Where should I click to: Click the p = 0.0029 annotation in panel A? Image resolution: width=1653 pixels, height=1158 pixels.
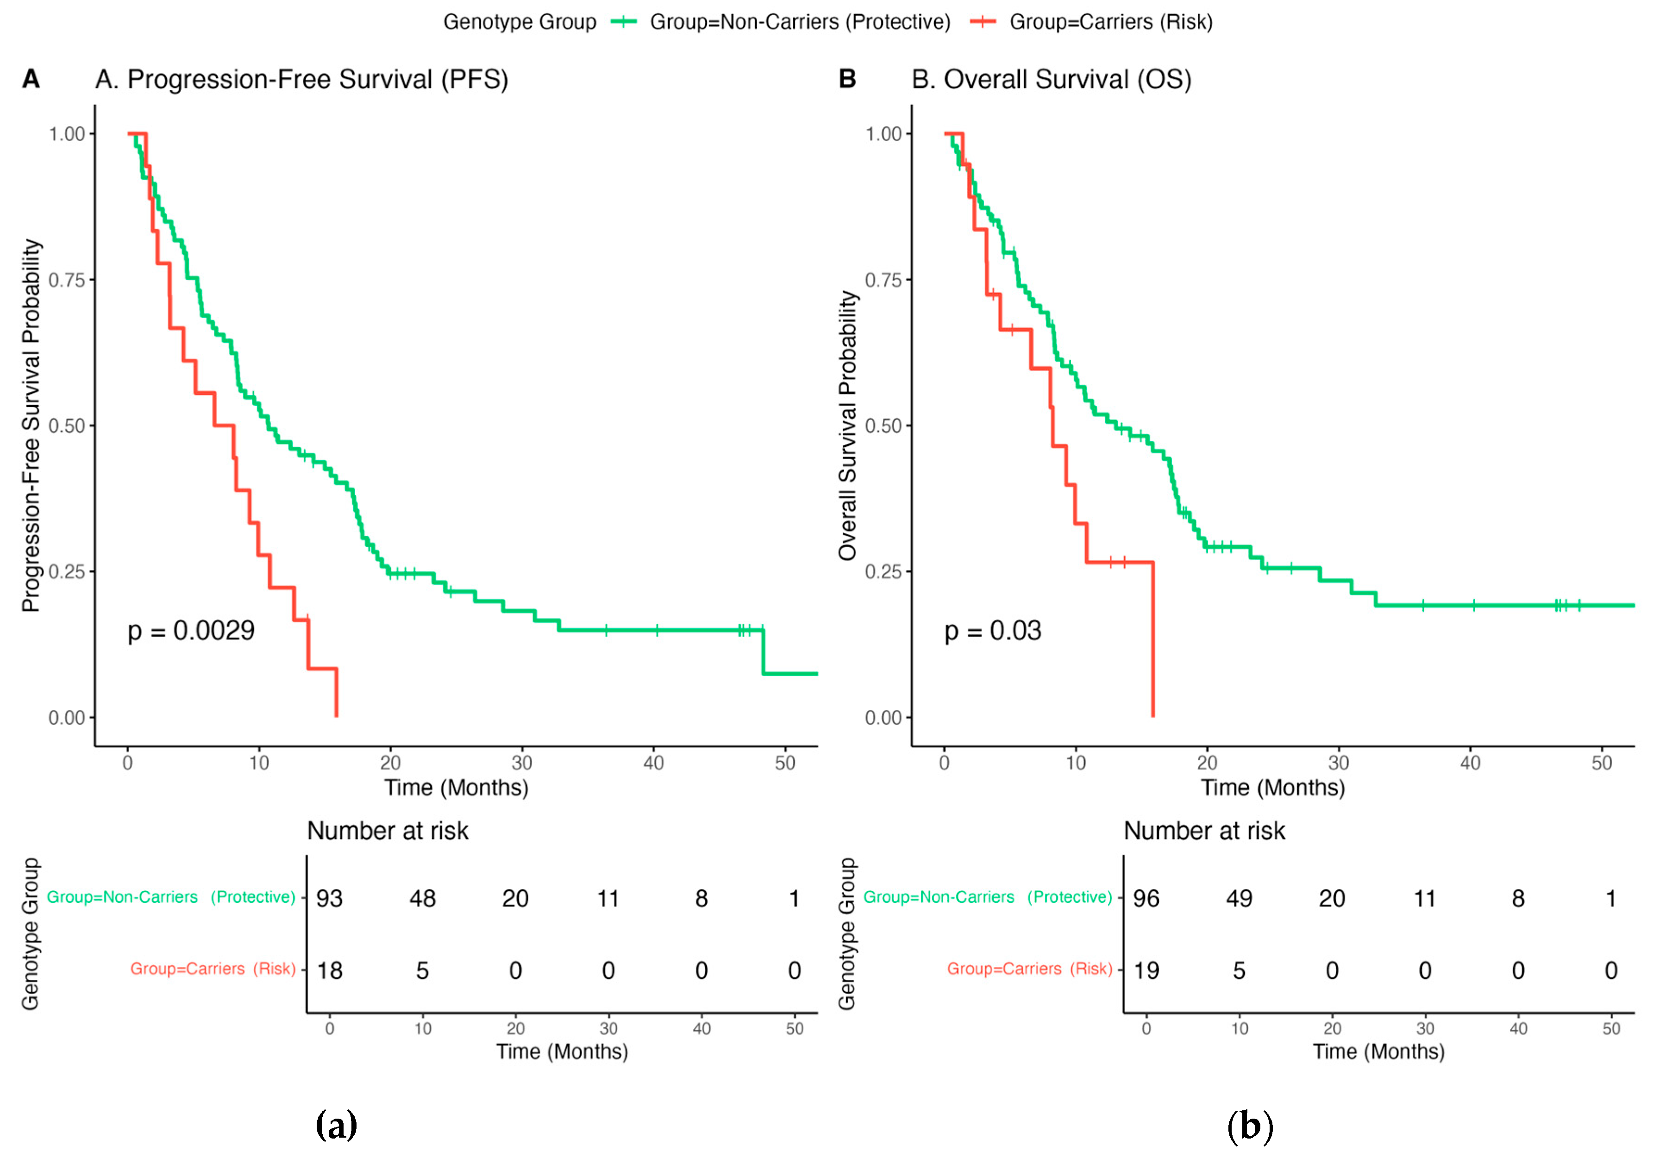tap(191, 631)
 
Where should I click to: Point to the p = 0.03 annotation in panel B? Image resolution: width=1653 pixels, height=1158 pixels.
tap(993, 631)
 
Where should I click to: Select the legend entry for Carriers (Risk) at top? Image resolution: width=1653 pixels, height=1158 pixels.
tap(1091, 22)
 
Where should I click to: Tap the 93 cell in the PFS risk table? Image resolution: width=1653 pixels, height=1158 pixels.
tap(330, 898)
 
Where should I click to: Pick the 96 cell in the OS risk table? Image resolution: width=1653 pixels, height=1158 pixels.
tap(1146, 898)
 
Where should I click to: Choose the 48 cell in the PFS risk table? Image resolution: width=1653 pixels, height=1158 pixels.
tap(423, 898)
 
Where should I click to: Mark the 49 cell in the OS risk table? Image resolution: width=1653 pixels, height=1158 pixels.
tap(1239, 898)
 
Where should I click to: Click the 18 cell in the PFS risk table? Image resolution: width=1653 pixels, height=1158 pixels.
tap(330, 971)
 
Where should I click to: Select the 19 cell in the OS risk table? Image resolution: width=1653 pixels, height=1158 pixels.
tap(1146, 971)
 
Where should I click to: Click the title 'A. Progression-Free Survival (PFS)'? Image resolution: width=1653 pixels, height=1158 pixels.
tap(301, 79)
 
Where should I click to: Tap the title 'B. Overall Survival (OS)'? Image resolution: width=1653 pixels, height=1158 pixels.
tap(1051, 79)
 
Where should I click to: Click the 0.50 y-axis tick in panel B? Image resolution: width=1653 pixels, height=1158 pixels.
tap(883, 426)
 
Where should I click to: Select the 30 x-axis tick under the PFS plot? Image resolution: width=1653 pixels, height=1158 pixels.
tap(522, 763)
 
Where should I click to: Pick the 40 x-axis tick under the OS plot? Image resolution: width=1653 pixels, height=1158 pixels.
tap(1470, 763)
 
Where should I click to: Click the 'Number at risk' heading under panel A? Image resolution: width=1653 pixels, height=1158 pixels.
tap(388, 831)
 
